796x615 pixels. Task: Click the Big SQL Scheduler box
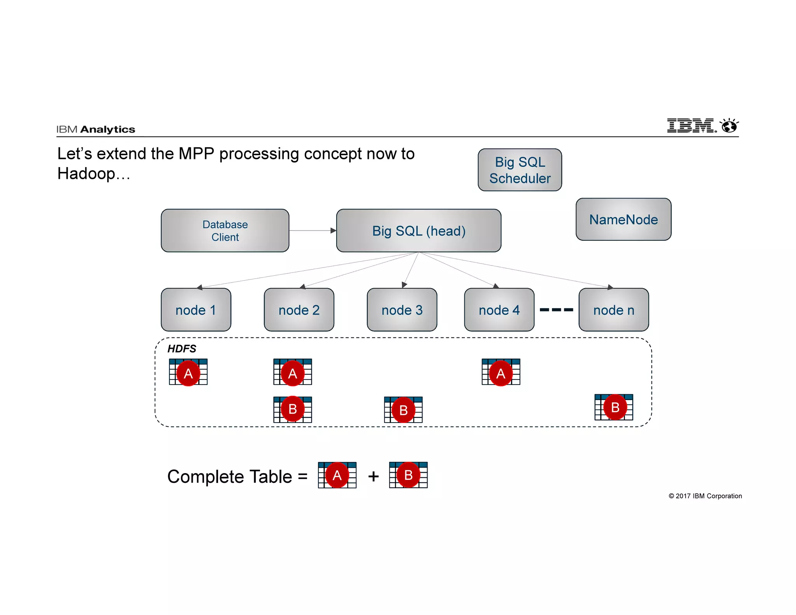tap(520, 170)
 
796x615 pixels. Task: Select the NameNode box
tap(623, 219)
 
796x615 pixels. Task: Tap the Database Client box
tap(225, 231)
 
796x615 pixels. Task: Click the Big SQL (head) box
tap(419, 231)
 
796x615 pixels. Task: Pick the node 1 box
tap(196, 310)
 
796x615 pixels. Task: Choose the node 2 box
tap(299, 310)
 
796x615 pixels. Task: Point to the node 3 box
tap(402, 310)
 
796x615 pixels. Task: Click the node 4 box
tap(499, 310)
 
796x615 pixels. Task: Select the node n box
tap(614, 310)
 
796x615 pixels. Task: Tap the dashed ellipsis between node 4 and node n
tap(557, 310)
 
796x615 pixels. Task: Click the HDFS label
tap(182, 349)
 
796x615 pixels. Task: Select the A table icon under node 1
tap(188, 372)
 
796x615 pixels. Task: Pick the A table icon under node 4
tap(501, 372)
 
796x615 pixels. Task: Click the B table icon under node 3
tap(403, 410)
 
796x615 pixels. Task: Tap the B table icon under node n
tap(614, 407)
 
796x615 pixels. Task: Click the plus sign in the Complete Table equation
tap(373, 476)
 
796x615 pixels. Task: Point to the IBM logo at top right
tap(702, 126)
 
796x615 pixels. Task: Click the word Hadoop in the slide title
tap(86, 174)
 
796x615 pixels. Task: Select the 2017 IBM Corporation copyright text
tap(705, 496)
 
